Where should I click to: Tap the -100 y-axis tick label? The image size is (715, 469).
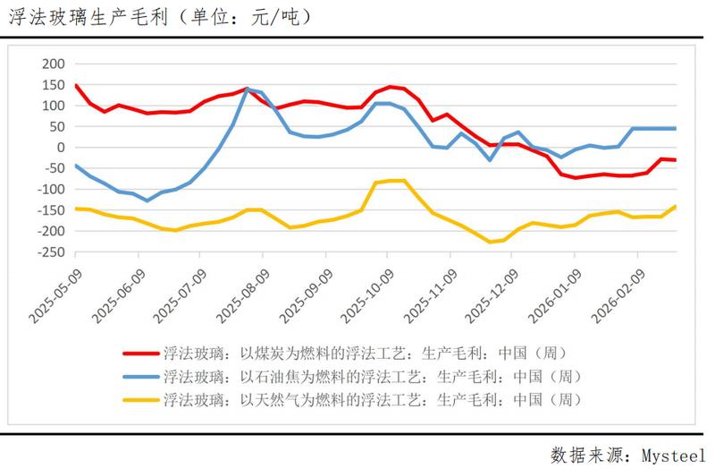coord(51,189)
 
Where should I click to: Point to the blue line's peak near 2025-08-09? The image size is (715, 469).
coord(248,89)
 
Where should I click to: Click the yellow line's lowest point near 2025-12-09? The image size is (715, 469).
coord(491,242)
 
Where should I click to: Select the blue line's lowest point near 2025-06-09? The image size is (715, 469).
coord(147,200)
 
